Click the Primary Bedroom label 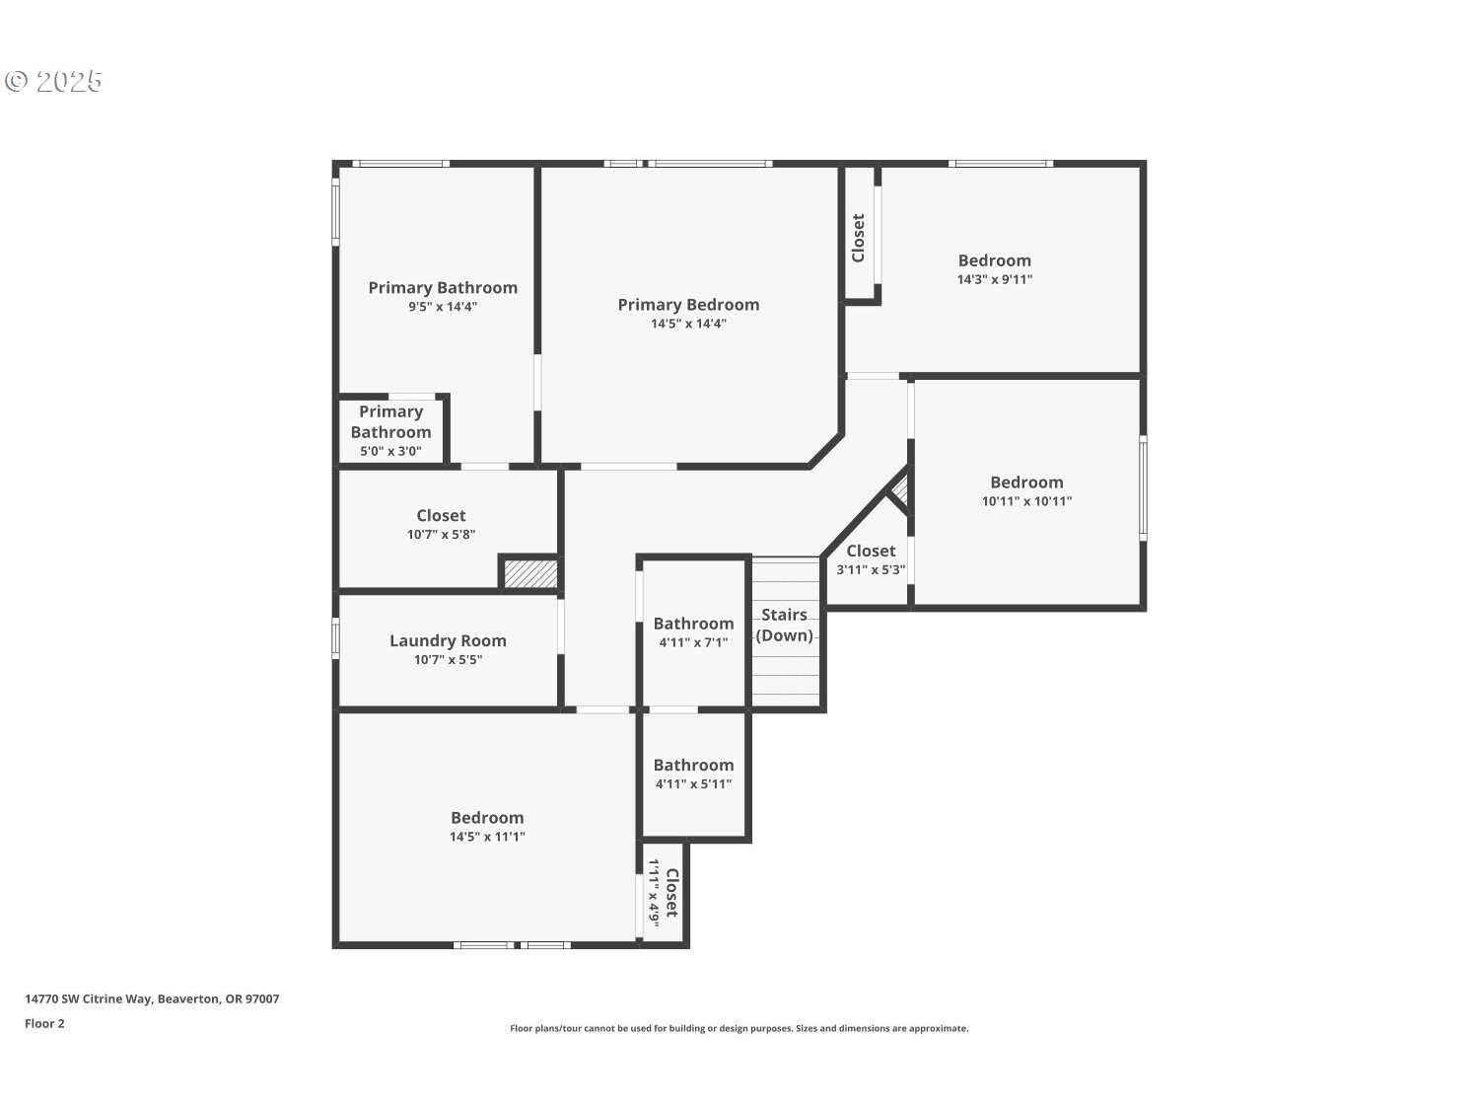(x=688, y=305)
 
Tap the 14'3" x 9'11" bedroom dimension (x=994, y=279)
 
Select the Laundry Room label (x=448, y=641)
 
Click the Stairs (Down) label (x=785, y=625)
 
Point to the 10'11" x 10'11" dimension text (x=1026, y=501)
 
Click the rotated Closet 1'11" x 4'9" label (x=663, y=893)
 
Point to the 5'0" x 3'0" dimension (x=390, y=451)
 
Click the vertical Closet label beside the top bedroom (x=858, y=238)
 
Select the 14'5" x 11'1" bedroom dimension (x=487, y=837)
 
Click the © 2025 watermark (x=54, y=81)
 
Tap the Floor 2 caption (x=44, y=1023)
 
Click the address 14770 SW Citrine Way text (x=152, y=999)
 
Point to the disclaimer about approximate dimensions (x=739, y=1028)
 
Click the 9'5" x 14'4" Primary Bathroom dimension (x=443, y=307)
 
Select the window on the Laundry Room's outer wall (x=335, y=636)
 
